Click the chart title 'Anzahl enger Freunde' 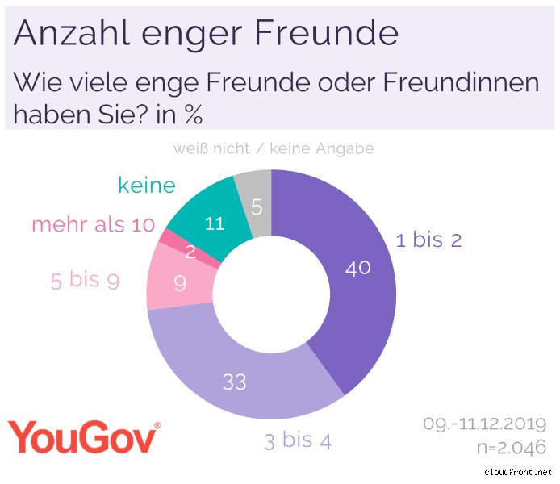pos(206,33)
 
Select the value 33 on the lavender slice pos(234,381)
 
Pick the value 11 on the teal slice pos(214,224)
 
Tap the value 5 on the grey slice pos(257,207)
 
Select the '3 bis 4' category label pos(297,441)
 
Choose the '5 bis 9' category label pos(86,280)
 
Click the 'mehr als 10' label pos(93,225)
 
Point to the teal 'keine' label pos(146,186)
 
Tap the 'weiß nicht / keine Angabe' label pos(273,149)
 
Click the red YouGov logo pos(84,438)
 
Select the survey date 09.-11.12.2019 pos(484,424)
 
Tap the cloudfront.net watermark pos(518,472)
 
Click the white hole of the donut pos(271,295)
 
